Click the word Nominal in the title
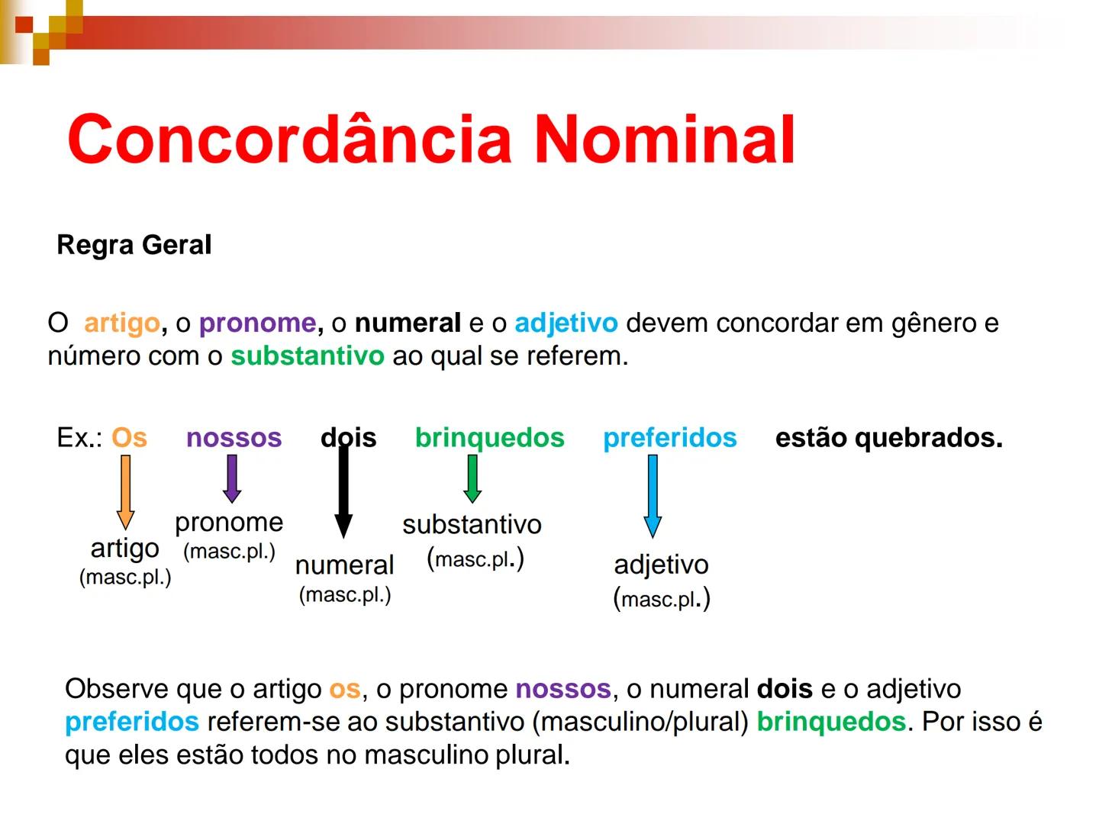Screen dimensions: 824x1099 tap(664, 139)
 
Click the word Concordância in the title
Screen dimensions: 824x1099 tap(289, 139)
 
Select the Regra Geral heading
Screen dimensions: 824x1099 tap(134, 245)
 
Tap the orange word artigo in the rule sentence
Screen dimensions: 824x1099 tap(121, 323)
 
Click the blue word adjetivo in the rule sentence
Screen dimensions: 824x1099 tap(566, 323)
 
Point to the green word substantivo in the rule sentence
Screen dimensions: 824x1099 tap(307, 356)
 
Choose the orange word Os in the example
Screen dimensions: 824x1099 tap(129, 438)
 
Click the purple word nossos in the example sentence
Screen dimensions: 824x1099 tap(234, 438)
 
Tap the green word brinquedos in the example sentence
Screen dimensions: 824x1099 tap(489, 438)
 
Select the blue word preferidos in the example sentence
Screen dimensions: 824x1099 tap(669, 438)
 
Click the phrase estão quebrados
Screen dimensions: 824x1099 tap(888, 438)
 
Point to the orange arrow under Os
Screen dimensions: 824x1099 tap(125, 491)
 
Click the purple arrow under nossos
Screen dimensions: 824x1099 tap(232, 478)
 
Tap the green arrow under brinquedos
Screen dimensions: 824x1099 tap(472, 478)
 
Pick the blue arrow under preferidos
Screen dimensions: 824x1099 tap(653, 496)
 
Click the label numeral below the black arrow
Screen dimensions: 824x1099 tap(344, 565)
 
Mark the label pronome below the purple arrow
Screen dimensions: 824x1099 tap(229, 523)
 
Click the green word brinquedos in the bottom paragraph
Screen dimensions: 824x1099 tap(830, 722)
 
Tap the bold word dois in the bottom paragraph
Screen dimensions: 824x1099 tap(785, 689)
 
